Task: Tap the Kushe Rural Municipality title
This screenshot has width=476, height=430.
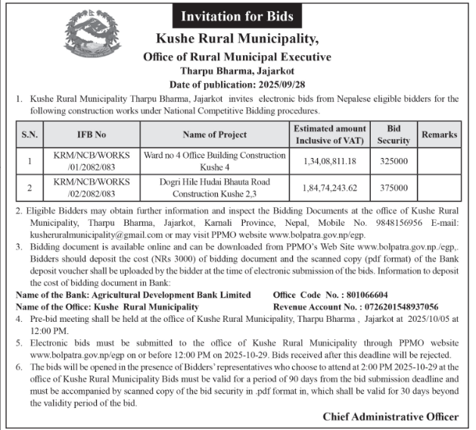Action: pos(237,39)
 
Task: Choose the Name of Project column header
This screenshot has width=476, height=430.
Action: pos(215,135)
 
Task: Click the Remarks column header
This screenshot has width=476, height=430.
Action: pos(440,134)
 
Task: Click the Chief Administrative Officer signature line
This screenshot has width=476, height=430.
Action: pos(390,416)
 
